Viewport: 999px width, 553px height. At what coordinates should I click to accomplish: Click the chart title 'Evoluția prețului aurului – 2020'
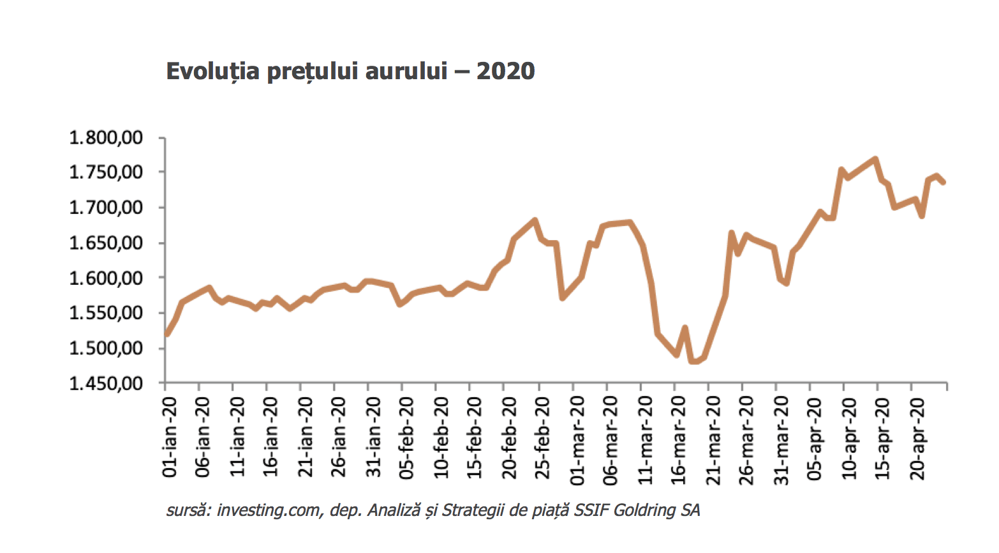(350, 72)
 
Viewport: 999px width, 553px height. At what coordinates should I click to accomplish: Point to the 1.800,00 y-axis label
(106, 137)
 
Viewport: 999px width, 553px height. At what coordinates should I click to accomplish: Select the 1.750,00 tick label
(106, 172)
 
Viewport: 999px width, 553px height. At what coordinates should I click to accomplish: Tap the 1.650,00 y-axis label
(106, 243)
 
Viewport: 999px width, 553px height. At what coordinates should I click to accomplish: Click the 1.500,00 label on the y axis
(106, 348)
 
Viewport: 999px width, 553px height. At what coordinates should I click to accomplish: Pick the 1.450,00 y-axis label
(106, 383)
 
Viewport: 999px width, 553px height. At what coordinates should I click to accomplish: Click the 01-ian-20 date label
(170, 437)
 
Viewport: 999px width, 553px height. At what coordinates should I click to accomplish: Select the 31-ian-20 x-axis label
(373, 437)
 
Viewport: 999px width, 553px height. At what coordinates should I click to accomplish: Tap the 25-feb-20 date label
(542, 438)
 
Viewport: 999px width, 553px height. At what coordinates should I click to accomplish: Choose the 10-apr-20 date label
(848, 439)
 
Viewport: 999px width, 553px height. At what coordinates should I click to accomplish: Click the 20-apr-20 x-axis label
(917, 439)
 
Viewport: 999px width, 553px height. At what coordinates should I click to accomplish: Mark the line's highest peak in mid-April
(875, 159)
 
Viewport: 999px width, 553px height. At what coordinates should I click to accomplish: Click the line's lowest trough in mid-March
(694, 361)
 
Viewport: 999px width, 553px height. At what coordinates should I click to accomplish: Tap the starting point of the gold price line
(166, 334)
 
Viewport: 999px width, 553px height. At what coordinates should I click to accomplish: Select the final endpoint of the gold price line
(944, 182)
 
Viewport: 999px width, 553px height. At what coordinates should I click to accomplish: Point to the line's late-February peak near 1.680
(535, 220)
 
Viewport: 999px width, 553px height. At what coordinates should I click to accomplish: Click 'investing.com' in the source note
(270, 510)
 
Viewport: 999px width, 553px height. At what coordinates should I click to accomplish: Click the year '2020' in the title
(506, 72)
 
